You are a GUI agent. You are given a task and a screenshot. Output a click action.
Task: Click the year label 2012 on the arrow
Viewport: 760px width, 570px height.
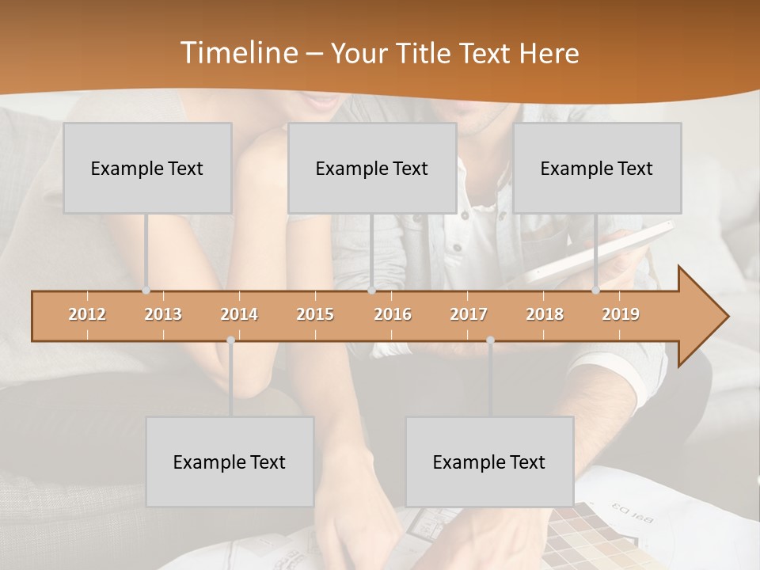coord(87,314)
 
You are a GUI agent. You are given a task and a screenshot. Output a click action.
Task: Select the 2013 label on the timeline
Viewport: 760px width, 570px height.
coord(163,314)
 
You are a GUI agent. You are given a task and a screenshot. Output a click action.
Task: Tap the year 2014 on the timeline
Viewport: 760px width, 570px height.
coord(239,314)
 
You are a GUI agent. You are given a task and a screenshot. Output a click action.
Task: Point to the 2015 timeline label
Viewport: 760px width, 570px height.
coord(315,314)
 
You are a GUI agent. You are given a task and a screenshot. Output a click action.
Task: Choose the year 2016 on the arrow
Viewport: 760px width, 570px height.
coord(393,314)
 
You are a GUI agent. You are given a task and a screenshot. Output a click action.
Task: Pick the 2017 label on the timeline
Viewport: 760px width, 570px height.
coord(469,314)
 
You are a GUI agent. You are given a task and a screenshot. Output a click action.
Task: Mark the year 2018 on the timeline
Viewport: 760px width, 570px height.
coord(545,314)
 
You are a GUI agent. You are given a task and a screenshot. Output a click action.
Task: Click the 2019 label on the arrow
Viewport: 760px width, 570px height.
coord(621,314)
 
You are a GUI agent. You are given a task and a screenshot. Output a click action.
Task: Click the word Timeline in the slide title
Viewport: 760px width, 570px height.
coord(237,53)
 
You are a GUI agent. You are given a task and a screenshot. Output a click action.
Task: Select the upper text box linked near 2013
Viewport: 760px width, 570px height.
coord(147,169)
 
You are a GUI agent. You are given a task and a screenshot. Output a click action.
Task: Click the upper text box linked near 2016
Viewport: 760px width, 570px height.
coord(372,169)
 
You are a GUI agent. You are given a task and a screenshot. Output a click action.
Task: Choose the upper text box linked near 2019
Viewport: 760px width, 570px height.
coord(597,169)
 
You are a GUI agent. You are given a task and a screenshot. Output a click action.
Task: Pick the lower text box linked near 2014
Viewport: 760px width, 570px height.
coord(230,462)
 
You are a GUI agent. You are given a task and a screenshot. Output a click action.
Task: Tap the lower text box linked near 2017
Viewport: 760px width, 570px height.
coord(489,462)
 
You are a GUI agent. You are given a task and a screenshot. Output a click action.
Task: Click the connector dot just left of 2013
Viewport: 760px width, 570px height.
coord(146,291)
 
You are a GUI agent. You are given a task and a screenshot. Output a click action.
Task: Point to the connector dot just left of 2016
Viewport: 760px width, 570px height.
coord(371,291)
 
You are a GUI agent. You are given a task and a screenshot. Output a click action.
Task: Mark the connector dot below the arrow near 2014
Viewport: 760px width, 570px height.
coord(230,340)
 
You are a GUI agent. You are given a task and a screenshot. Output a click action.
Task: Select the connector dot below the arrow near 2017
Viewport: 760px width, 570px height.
coord(490,340)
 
